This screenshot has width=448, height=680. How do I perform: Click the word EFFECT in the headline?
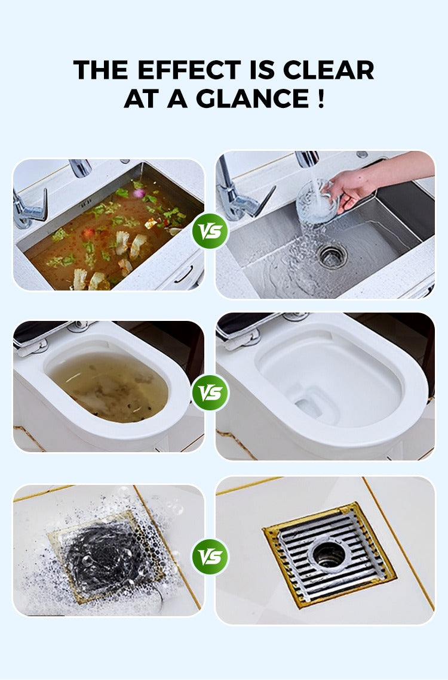click(x=189, y=70)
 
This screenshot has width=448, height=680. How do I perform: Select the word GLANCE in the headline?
click(x=252, y=98)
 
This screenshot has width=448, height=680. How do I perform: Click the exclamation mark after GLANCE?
click(x=320, y=98)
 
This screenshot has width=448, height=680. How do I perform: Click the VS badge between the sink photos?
click(x=210, y=230)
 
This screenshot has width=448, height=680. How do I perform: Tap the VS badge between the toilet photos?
click(x=210, y=392)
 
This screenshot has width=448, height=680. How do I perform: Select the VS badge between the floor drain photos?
click(x=210, y=557)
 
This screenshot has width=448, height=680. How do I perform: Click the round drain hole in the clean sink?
click(x=332, y=255)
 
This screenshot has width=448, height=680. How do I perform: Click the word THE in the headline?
click(x=101, y=70)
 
